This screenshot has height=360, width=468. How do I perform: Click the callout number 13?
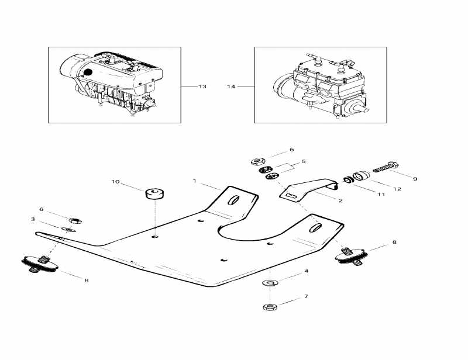pos(202,86)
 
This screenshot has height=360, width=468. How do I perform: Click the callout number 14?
pos(231,86)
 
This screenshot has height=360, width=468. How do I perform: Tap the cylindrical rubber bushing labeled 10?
pos(154,193)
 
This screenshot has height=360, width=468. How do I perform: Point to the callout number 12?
pos(397,189)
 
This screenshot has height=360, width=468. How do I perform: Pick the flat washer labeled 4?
pos(270,283)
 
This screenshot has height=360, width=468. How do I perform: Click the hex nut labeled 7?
pos(270,306)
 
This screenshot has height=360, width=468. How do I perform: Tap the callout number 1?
pos(195,181)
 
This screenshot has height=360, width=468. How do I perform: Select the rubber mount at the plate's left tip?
pos(40,264)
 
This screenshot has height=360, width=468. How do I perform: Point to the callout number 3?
pos(33,219)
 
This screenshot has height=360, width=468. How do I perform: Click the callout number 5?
pos(304,161)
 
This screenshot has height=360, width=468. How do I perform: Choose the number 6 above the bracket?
pos(292,150)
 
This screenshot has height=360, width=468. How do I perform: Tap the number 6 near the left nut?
pos(41,209)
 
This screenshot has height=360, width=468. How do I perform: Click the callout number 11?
pos(381,194)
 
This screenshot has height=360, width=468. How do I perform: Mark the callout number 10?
pos(115,182)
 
